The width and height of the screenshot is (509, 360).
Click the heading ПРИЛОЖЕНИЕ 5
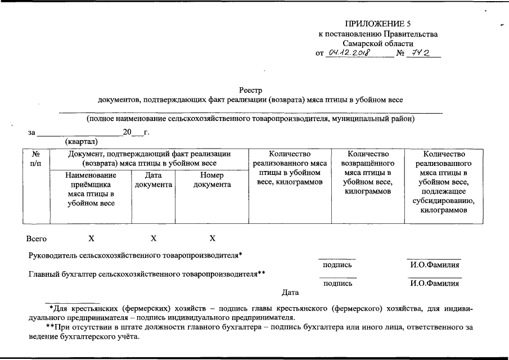point(378,24)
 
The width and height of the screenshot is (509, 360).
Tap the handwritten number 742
point(421,53)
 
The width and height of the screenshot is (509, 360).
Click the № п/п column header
point(35,158)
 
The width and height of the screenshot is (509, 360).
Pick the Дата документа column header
point(153,180)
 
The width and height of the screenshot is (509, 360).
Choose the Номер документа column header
point(212,180)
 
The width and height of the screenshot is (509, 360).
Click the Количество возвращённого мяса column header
point(368,172)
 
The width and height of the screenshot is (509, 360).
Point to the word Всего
point(37,238)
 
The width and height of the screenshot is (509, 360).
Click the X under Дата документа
point(153,238)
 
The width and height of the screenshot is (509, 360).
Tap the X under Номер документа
point(212,238)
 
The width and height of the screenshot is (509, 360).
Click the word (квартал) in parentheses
point(82,141)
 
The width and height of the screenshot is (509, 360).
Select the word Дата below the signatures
point(290,292)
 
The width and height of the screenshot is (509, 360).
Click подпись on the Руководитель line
point(337,264)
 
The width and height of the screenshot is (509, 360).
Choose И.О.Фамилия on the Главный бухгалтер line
point(434,283)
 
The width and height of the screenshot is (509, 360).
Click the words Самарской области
point(378,43)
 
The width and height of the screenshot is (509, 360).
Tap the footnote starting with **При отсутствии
point(253,331)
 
